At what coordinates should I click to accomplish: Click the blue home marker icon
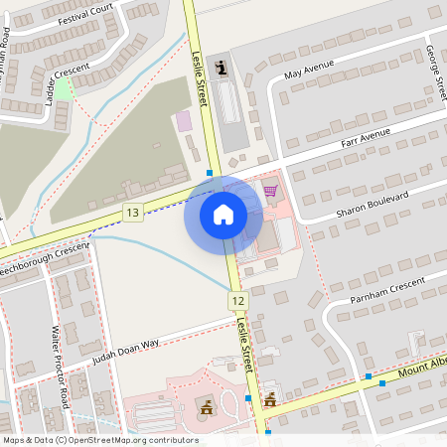(x=223, y=213)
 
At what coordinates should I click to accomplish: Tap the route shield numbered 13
(x=133, y=213)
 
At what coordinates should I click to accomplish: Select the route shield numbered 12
(x=236, y=300)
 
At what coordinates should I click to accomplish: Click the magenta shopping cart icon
(x=270, y=190)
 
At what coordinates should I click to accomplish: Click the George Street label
(x=433, y=70)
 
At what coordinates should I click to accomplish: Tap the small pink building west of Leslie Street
(x=184, y=120)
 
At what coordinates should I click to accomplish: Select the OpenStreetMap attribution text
(x=100, y=440)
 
